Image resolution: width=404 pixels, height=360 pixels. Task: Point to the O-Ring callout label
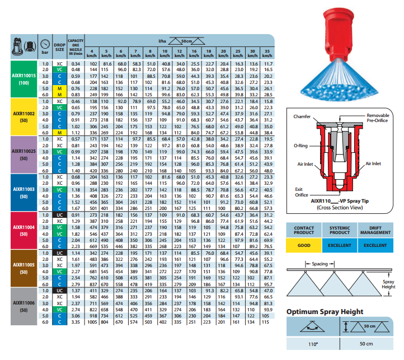coord(300,144)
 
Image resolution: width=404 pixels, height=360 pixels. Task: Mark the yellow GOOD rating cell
coord(304,245)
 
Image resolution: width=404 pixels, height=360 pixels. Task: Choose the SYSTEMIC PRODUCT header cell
coord(340,231)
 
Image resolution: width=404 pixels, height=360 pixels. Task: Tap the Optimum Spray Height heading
coord(325,311)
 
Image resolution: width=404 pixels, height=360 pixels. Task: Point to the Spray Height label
coord(388,284)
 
